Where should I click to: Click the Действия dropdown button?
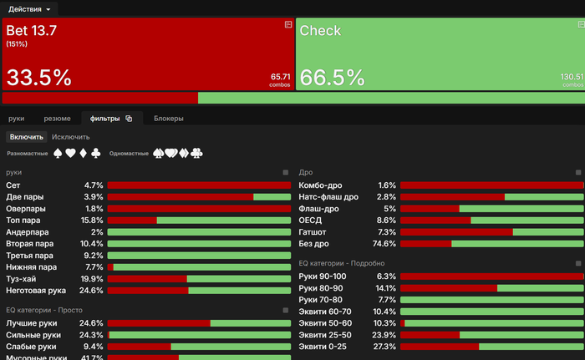pos(29,8)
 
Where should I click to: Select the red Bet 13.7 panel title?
pos(31,31)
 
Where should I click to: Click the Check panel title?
pos(320,31)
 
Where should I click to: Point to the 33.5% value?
pos(38,78)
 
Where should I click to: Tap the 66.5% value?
pos(332,78)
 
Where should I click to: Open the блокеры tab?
pos(168,119)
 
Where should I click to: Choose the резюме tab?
pos(57,119)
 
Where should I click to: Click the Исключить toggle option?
pos(71,136)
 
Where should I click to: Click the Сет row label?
pos(13,185)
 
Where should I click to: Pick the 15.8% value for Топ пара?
pos(91,221)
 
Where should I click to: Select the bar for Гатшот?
pos(491,232)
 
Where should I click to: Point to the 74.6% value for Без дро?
pos(384,244)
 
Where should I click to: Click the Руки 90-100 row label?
pos(322,276)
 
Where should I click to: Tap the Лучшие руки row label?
pos(31,322)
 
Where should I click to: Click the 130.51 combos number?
pos(572,77)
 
